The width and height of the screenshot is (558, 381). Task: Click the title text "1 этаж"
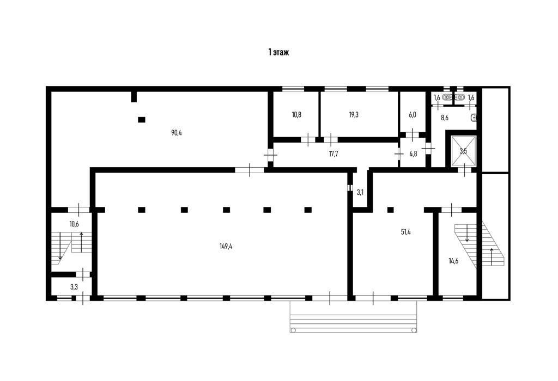(x=278, y=53)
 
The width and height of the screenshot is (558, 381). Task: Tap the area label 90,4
(x=176, y=132)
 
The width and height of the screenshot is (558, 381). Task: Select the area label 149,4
(x=226, y=246)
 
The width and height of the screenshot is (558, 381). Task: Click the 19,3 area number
(x=354, y=114)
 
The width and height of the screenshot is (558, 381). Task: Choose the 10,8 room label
(x=296, y=114)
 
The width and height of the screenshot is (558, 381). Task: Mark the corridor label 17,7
(x=333, y=154)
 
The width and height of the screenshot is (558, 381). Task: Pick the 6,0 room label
(x=413, y=114)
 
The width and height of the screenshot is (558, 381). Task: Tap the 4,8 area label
(x=413, y=154)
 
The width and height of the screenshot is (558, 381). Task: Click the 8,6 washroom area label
(x=444, y=118)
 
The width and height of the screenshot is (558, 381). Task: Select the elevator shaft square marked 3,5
(x=463, y=151)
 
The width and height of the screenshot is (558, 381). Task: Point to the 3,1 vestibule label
(x=360, y=193)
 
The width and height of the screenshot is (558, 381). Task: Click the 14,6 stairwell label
(x=453, y=261)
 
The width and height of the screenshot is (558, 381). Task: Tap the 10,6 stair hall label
(x=74, y=224)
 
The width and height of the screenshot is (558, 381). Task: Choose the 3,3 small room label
(x=74, y=286)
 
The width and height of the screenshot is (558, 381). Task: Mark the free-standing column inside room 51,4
(x=390, y=210)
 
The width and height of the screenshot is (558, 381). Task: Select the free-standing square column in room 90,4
(x=142, y=120)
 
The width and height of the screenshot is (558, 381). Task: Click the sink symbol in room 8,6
(x=474, y=117)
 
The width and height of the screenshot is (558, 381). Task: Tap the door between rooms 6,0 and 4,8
(x=413, y=134)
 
